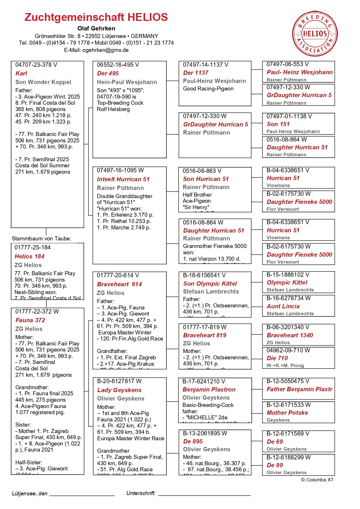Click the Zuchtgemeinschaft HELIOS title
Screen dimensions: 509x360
click(96, 17)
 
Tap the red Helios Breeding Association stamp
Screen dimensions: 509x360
click(315, 34)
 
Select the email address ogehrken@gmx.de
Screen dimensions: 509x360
click(105, 50)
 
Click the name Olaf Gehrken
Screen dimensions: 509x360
click(96, 28)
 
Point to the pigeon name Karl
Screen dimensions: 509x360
click(21, 73)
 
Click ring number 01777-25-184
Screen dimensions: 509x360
click(32, 247)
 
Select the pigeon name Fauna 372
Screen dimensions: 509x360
click(30, 320)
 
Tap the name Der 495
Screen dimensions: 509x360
click(108, 73)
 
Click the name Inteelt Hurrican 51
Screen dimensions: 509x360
click(123, 179)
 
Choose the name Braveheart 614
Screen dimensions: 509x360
click(119, 284)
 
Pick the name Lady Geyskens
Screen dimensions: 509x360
click(119, 390)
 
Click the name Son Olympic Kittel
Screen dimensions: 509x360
click(210, 284)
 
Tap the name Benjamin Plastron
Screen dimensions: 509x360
click(209, 390)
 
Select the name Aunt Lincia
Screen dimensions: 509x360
click(283, 306)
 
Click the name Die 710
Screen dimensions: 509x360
click(277, 358)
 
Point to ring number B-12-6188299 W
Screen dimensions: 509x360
click(288, 457)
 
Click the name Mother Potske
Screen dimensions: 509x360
click(287, 413)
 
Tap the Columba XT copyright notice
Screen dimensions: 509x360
click(317, 480)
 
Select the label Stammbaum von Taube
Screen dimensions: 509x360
click(41, 239)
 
